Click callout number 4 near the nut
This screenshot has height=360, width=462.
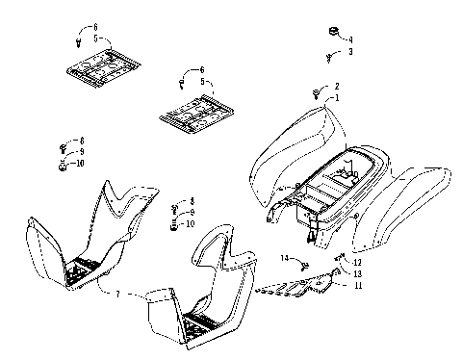click(350, 39)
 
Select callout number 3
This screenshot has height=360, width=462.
click(350, 51)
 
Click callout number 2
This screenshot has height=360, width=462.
click(336, 86)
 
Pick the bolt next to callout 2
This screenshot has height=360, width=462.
click(317, 91)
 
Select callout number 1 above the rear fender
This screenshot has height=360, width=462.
click(336, 97)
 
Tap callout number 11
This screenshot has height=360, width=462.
click(357, 286)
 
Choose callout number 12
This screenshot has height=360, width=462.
click(357, 263)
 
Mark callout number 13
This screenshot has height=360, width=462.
click(357, 274)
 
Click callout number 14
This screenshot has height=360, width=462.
click(286, 258)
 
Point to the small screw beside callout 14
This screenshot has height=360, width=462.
click(302, 264)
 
